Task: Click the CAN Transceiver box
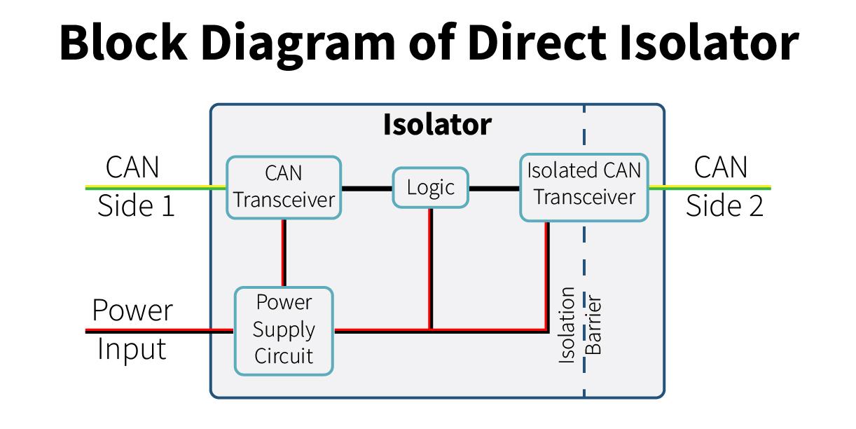[284, 187]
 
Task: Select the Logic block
[430, 188]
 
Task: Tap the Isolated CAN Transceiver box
[584, 187]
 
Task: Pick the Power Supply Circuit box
[284, 331]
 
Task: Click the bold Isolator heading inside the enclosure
[437, 125]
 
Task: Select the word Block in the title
[123, 42]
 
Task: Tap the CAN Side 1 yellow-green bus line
[156, 188]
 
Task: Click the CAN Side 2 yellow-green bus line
[710, 188]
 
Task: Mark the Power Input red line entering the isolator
[160, 331]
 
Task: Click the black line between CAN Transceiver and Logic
[367, 189]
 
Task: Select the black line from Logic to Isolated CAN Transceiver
[494, 189]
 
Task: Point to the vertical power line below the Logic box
[430, 268]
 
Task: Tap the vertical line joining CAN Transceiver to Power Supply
[284, 253]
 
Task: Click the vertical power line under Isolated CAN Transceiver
[547, 275]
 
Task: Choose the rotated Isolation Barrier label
[580, 325]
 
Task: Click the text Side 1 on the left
[136, 206]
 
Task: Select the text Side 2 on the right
[724, 206]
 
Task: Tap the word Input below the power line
[132, 348]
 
